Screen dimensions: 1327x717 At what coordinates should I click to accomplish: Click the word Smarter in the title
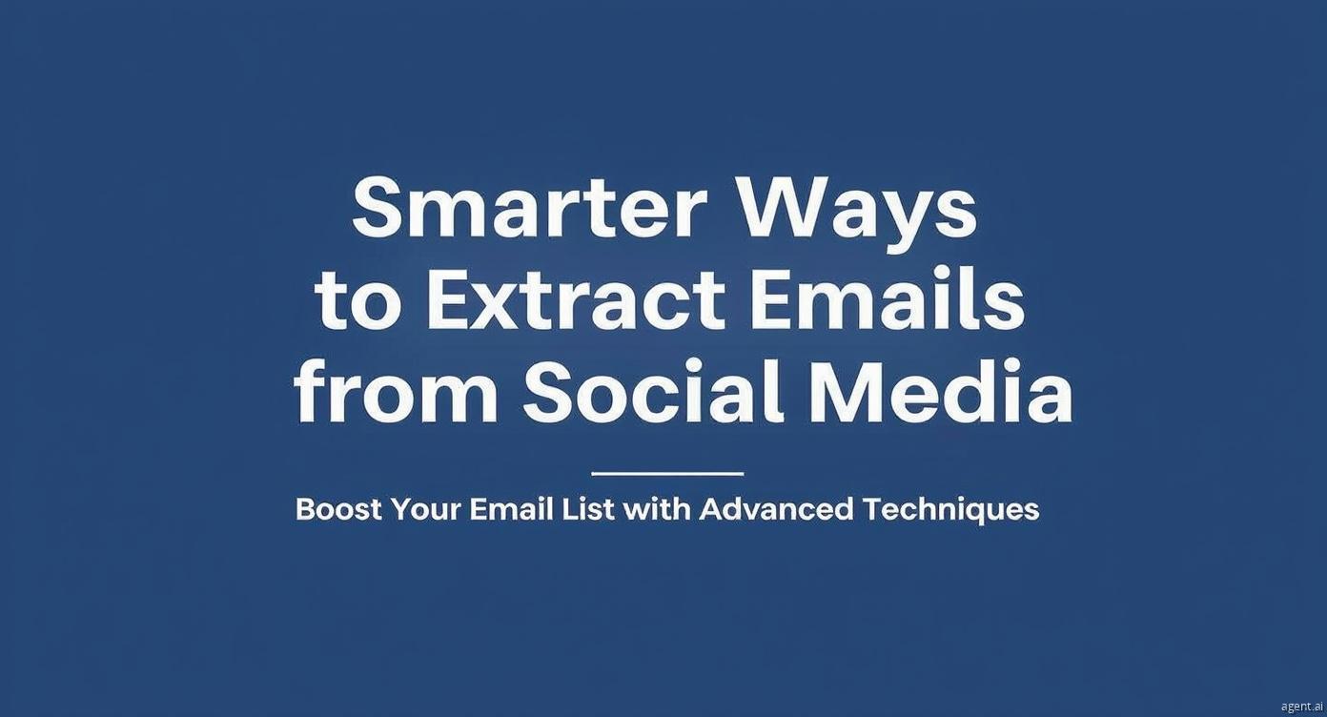point(530,207)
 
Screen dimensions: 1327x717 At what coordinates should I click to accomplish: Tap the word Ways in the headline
point(858,215)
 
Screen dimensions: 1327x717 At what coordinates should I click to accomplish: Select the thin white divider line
point(667,474)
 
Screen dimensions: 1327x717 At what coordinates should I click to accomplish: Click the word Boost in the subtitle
point(338,508)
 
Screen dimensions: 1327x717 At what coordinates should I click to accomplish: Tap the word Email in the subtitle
point(510,508)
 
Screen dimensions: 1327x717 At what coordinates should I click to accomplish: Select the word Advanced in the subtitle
point(777,508)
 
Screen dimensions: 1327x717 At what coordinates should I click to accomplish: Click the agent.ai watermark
point(1302,707)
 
